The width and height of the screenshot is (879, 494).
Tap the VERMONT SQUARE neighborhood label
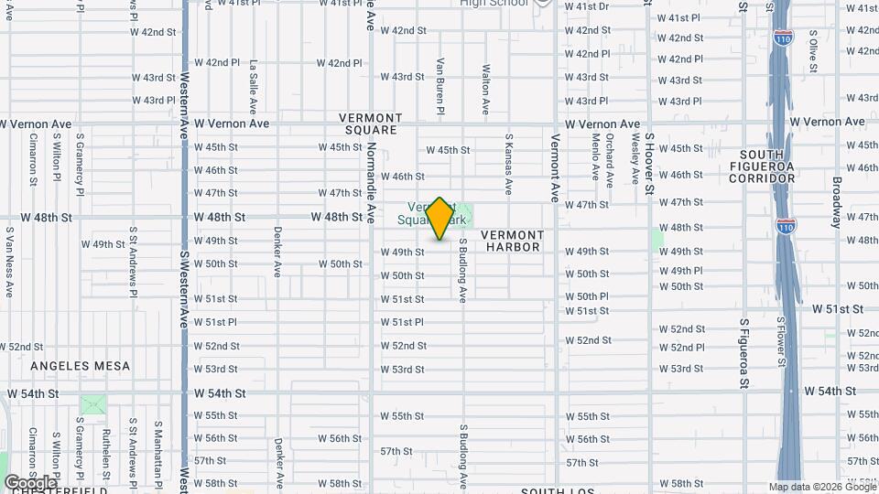370,123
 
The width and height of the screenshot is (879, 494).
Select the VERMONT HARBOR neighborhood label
514,241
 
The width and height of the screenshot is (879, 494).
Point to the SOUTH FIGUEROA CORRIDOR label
762,166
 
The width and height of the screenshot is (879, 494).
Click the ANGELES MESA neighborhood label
81,366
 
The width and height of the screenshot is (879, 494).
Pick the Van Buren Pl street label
440,87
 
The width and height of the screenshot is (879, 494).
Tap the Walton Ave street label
485,88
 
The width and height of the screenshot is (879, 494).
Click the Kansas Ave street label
508,165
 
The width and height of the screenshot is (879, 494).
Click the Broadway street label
837,202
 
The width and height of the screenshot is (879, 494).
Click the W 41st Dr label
586,6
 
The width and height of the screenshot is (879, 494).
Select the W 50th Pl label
586,296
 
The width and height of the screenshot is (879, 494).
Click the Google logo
30,482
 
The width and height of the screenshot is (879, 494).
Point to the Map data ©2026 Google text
821,487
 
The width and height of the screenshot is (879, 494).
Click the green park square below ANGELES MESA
92,404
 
